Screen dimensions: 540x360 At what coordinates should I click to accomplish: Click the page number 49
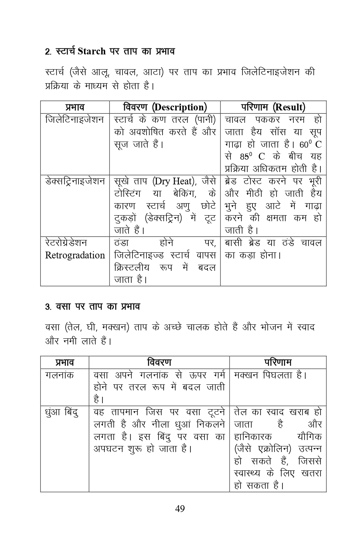tap(180, 509)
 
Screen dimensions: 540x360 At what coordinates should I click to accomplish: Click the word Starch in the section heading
tap(92, 52)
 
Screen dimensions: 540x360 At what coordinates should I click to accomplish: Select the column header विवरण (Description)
tap(165, 107)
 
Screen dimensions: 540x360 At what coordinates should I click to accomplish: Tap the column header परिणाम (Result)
tap(273, 107)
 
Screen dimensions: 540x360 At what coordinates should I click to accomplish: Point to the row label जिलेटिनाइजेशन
tap(75, 120)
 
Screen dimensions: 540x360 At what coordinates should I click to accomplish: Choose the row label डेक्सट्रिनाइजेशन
tap(75, 181)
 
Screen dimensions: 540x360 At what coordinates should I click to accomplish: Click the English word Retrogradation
tap(75, 255)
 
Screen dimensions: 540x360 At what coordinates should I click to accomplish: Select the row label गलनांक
tap(60, 375)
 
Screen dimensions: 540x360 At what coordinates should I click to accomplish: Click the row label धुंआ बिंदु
tap(62, 412)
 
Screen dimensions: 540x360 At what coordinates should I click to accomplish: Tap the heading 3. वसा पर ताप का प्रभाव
tap(92, 307)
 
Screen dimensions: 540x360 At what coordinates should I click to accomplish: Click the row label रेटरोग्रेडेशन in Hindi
tap(66, 243)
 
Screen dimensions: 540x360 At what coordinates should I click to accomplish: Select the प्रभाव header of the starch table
tap(75, 107)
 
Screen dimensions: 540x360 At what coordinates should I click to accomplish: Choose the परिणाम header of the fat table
tap(278, 362)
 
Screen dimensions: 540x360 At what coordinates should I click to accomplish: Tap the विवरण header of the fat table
tap(159, 362)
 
